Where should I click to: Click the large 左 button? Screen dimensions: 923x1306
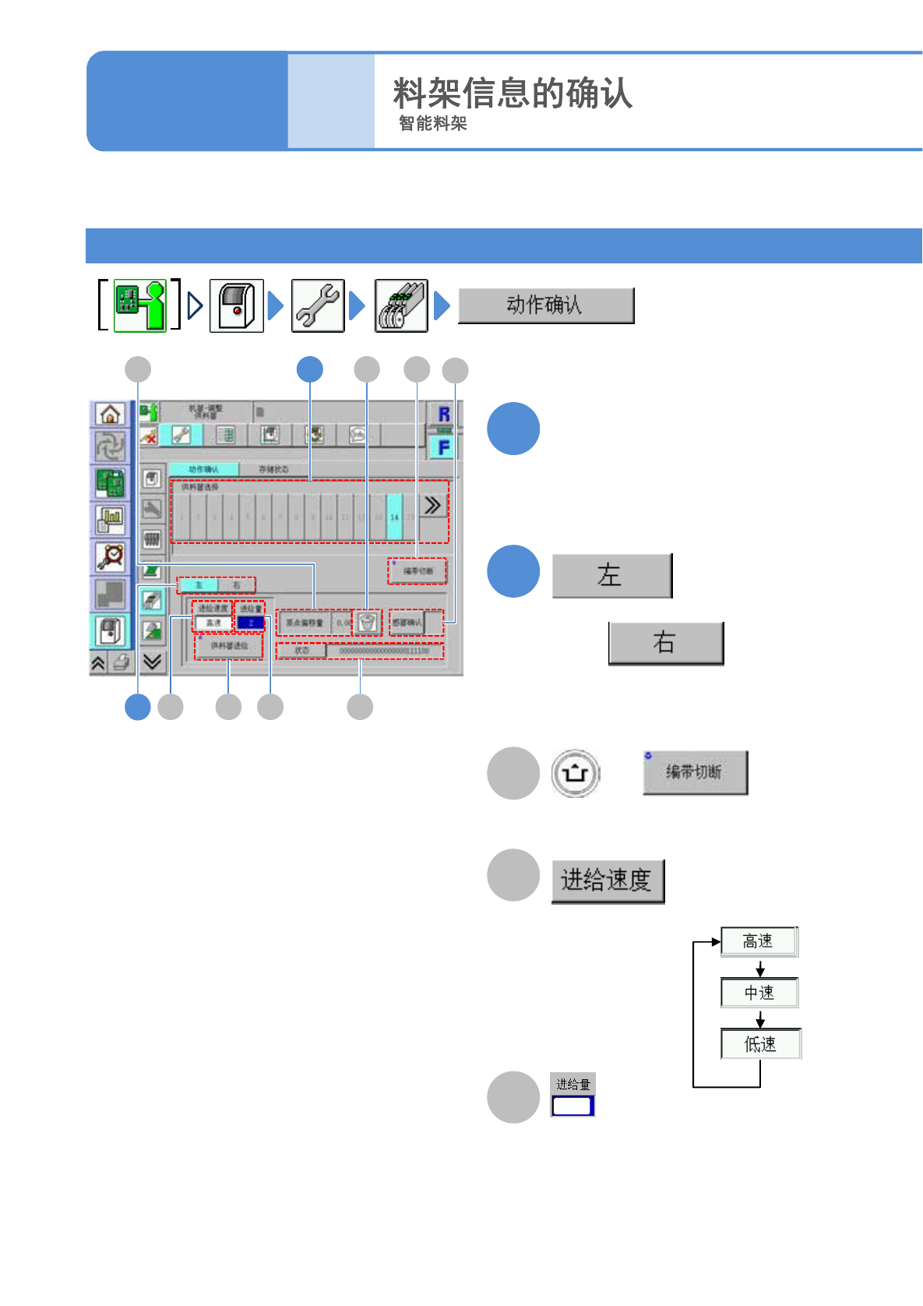click(611, 576)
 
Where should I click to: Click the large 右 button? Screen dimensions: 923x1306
click(665, 643)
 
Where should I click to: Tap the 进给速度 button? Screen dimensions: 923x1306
click(607, 881)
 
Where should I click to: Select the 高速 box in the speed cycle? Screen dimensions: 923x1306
click(759, 941)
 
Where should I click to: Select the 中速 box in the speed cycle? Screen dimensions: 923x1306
click(759, 993)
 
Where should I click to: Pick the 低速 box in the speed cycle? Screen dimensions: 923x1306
click(760, 1044)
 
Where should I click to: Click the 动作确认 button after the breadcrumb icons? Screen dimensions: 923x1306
click(545, 305)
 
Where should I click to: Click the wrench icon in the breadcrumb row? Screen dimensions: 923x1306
click(318, 305)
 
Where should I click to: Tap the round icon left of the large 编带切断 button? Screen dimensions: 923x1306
click(576, 773)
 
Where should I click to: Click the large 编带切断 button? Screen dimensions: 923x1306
click(695, 772)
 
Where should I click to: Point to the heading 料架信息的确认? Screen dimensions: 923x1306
click(512, 94)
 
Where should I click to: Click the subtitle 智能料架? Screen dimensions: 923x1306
click(432, 124)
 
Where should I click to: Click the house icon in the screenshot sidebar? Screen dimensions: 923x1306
click(111, 414)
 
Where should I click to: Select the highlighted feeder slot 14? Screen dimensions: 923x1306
click(394, 517)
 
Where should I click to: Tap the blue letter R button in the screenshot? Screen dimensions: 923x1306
click(444, 415)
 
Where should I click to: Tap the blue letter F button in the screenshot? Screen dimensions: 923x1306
click(444, 447)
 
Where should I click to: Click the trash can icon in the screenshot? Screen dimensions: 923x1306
click(368, 622)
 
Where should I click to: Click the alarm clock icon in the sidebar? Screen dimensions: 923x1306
click(111, 556)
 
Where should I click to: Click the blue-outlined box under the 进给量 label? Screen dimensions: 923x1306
click(572, 1106)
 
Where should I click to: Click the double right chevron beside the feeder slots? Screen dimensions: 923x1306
click(432, 506)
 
